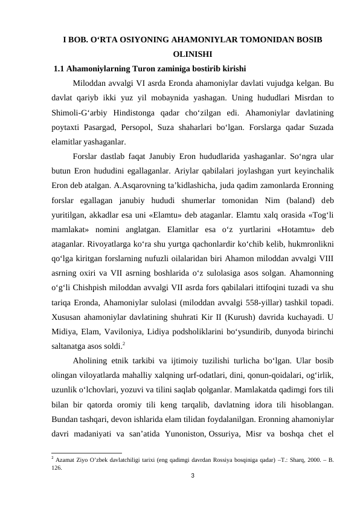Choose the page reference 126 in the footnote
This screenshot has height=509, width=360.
(x=57, y=467)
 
